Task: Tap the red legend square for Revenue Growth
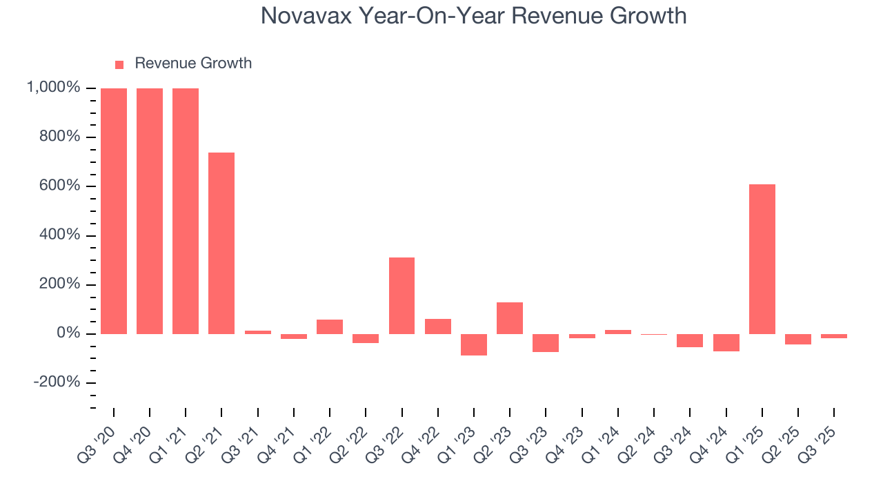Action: click(119, 64)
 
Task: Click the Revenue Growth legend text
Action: click(193, 64)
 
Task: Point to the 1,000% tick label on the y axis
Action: click(53, 88)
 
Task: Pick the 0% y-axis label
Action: click(71, 334)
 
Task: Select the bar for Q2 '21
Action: click(221, 243)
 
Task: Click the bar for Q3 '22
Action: click(401, 295)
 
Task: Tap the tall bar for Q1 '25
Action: click(762, 259)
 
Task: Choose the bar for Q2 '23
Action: click(510, 318)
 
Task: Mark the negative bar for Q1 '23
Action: click(474, 344)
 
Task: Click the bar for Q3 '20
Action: click(114, 211)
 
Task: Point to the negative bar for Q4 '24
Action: click(726, 342)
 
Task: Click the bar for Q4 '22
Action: click(438, 327)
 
